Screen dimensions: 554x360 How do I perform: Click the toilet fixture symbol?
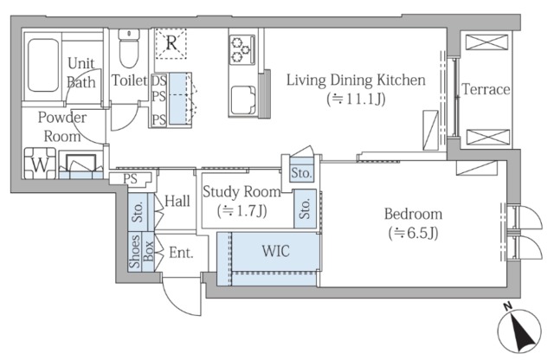129,48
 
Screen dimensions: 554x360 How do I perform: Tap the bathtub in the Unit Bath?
43,66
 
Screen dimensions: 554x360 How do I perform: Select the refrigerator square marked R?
171,43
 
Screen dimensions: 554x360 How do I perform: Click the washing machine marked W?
40,164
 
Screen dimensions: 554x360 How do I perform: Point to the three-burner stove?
242,50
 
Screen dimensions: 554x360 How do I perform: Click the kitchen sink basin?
243,100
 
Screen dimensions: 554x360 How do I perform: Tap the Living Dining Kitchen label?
356,80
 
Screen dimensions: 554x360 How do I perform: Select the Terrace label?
486,89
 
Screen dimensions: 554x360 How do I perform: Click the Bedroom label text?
413,214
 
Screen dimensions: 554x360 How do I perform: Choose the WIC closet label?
276,251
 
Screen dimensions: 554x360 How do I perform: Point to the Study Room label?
242,192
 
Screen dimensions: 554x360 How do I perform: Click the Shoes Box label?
141,251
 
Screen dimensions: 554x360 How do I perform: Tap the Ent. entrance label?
181,253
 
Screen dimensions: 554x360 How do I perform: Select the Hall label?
177,201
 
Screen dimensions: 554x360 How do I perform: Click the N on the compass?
508,306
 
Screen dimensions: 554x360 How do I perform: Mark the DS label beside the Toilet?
159,80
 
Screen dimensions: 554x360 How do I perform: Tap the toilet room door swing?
125,118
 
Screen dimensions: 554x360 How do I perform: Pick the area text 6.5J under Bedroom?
414,233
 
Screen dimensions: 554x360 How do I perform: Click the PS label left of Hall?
130,179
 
